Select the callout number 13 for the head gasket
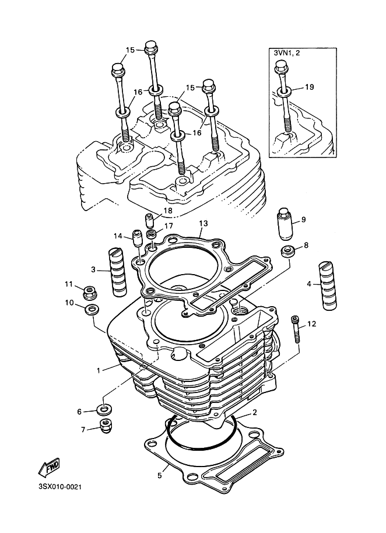(203, 223)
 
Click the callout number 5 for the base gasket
(159, 475)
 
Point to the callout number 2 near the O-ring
(254, 412)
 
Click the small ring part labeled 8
(286, 251)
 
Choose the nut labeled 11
(90, 290)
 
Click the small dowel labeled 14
(138, 238)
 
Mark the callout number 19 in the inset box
(309, 87)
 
